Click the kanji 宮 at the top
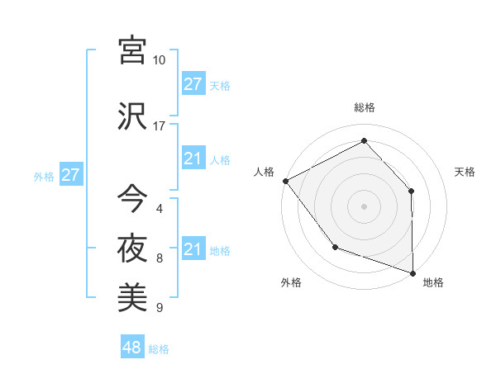coord(132,50)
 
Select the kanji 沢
coord(132,116)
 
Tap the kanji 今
coord(132,199)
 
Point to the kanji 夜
coord(132,248)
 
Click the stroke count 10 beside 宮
coord(159,60)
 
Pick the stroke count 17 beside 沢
coord(159,126)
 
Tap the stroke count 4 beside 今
coord(159,209)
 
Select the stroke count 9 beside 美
coord(159,308)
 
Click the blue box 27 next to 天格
coord(193,84)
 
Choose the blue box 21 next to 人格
coord(193,159)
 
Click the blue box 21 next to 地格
coord(193,249)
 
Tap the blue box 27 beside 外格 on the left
coord(70,175)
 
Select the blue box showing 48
coord(132,348)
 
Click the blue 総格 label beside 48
coord(159,349)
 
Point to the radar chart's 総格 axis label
coord(365,107)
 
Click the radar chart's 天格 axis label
coord(465,172)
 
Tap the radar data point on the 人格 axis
coord(285,180)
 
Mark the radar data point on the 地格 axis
coord(413,272)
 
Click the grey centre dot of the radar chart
coord(364,206)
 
